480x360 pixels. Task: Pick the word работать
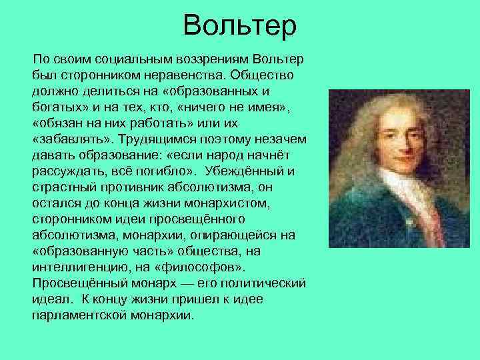[159, 124]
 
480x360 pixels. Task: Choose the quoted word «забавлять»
[68, 139]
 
